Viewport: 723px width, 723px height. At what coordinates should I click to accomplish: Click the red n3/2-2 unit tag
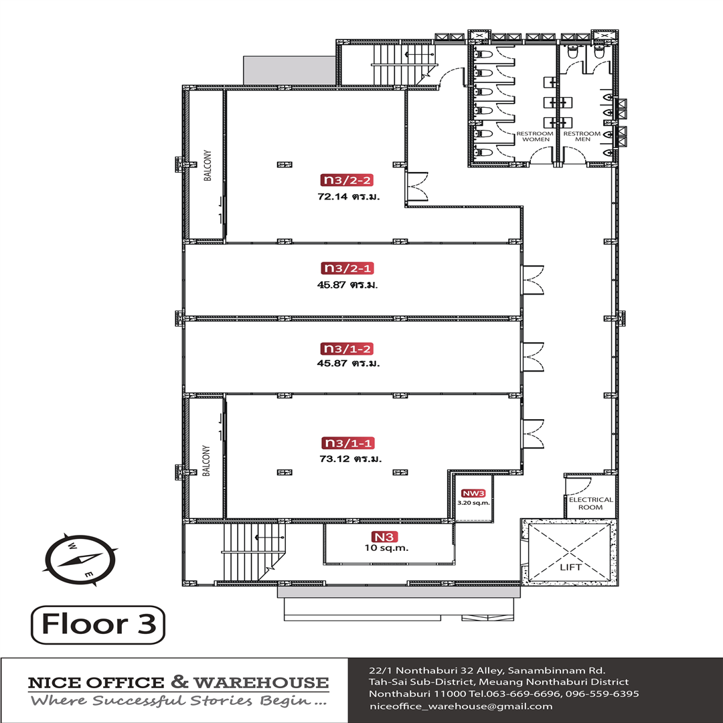pos(347,180)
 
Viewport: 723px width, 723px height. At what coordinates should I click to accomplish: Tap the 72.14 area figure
pos(333,197)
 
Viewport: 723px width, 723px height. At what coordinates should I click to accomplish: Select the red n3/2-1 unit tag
pos(347,268)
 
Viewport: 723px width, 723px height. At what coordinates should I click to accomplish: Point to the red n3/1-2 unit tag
pos(347,349)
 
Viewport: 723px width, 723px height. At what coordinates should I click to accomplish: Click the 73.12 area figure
pos(334,459)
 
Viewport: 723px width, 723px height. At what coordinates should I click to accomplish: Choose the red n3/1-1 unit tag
pos(347,443)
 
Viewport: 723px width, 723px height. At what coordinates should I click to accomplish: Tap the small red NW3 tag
pos(473,493)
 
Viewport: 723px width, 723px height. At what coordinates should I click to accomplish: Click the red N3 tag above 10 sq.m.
pos(384,537)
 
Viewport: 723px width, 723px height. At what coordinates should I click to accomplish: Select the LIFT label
pos(570,567)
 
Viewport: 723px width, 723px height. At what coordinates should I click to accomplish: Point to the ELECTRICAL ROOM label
pos(590,503)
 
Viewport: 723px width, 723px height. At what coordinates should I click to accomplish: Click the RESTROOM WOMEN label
pos(535,137)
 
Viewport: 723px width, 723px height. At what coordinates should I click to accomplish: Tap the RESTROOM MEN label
pos(582,137)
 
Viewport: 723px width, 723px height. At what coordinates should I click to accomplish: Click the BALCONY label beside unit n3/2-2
pos(208,165)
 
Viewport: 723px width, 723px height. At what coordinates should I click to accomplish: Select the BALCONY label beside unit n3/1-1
pos(206,461)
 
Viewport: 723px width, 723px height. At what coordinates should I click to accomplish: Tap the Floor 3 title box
pos(98,625)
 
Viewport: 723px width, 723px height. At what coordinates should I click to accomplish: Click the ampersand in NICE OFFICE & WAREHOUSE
pos(179,681)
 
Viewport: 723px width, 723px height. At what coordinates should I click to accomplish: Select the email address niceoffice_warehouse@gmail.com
pos(461,706)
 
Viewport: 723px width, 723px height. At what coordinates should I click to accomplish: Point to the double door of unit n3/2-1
pos(533,280)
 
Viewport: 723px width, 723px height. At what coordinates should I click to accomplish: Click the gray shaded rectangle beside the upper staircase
pos(290,70)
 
